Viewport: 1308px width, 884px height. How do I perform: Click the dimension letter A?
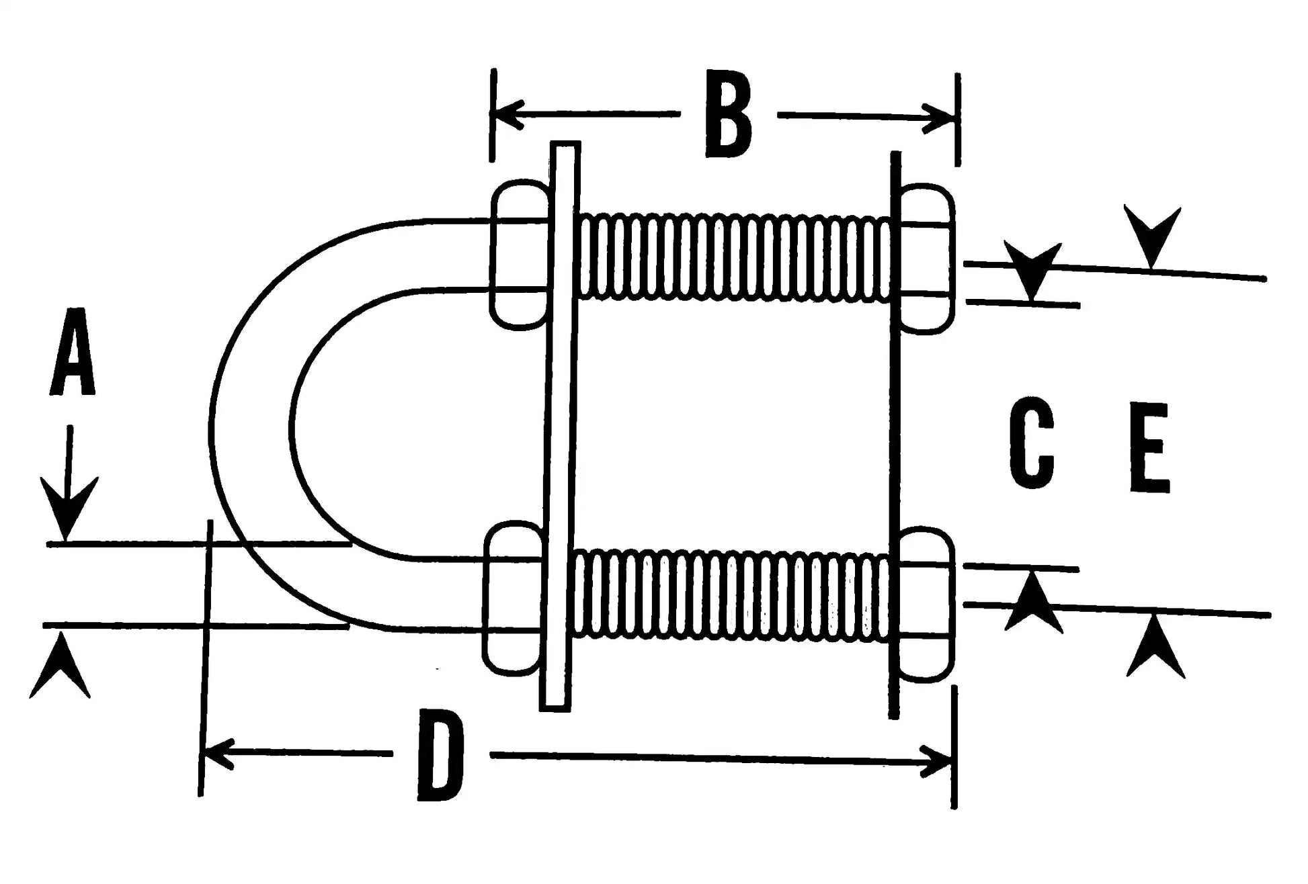pyautogui.click(x=73, y=352)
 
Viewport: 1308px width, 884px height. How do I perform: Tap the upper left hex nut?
pyautogui.click(x=520, y=255)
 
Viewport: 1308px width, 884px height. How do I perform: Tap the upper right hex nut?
pyautogui.click(x=926, y=259)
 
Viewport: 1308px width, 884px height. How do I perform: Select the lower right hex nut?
pyautogui.click(x=926, y=605)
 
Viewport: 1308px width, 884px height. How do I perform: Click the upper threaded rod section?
pyautogui.click(x=733, y=257)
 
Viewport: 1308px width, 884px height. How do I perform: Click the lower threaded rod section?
pyautogui.click(x=729, y=594)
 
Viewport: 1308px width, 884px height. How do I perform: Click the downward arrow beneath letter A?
pyautogui.click(x=67, y=497)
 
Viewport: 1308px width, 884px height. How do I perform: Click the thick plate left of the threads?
pyautogui.click(x=560, y=427)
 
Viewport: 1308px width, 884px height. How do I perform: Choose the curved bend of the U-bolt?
pyautogui.click(x=252, y=430)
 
